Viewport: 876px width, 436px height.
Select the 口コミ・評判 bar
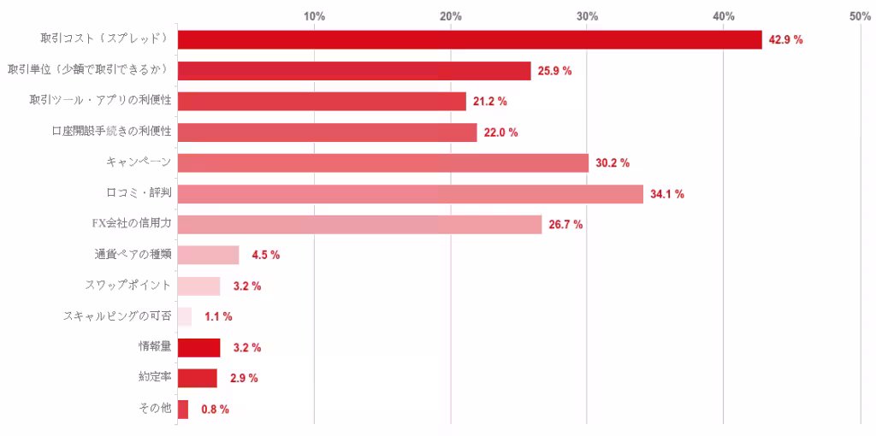[x=410, y=194]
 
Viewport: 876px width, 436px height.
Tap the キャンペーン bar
[x=382, y=163]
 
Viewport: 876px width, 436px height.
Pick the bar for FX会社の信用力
[x=359, y=225]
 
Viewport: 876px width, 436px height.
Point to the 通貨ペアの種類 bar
[x=208, y=256]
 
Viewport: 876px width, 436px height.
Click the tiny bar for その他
[x=183, y=409]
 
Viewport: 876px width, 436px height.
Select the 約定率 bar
[x=197, y=379]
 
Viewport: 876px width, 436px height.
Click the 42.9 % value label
[x=785, y=40]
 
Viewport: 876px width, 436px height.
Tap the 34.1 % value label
[x=666, y=194]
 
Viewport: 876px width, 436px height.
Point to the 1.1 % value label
[x=218, y=317]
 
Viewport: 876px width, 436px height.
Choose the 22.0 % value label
[x=500, y=133]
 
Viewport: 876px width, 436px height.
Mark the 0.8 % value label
[x=215, y=409]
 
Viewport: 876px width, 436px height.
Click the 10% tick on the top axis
[x=314, y=16]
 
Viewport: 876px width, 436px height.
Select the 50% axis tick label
[x=860, y=16]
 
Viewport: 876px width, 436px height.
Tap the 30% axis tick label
[x=587, y=16]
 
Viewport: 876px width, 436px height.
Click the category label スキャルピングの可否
[x=117, y=316]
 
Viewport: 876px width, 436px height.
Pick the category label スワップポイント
[x=128, y=286]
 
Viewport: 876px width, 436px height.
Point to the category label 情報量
[x=155, y=347]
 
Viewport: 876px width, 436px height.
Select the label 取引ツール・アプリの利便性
[x=101, y=101]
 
